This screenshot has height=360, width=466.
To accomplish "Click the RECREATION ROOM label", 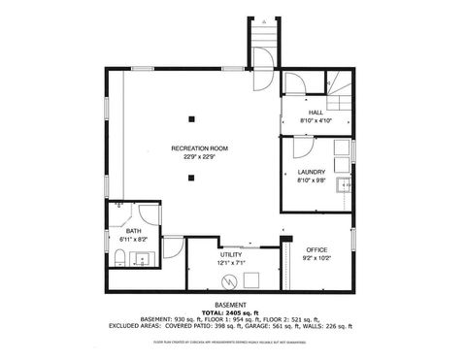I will click(200, 147).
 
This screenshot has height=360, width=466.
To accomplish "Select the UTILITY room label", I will click(230, 253).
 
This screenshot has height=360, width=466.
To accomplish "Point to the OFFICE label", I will click(317, 249).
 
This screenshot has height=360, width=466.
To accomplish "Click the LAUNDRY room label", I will click(312, 172).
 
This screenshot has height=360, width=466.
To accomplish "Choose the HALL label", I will click(316, 113).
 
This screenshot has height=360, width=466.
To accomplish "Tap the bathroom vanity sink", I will click(143, 258).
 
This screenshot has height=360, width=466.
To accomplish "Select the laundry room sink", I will click(343, 185).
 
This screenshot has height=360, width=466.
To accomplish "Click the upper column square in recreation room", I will click(192, 119).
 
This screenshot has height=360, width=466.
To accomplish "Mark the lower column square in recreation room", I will click(192, 177).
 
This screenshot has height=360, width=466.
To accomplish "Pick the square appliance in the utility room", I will click(251, 279).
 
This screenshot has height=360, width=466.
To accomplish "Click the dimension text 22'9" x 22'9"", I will click(200, 157).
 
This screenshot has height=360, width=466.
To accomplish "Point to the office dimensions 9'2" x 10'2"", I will click(317, 258).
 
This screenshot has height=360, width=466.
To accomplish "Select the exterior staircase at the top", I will click(264, 43).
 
